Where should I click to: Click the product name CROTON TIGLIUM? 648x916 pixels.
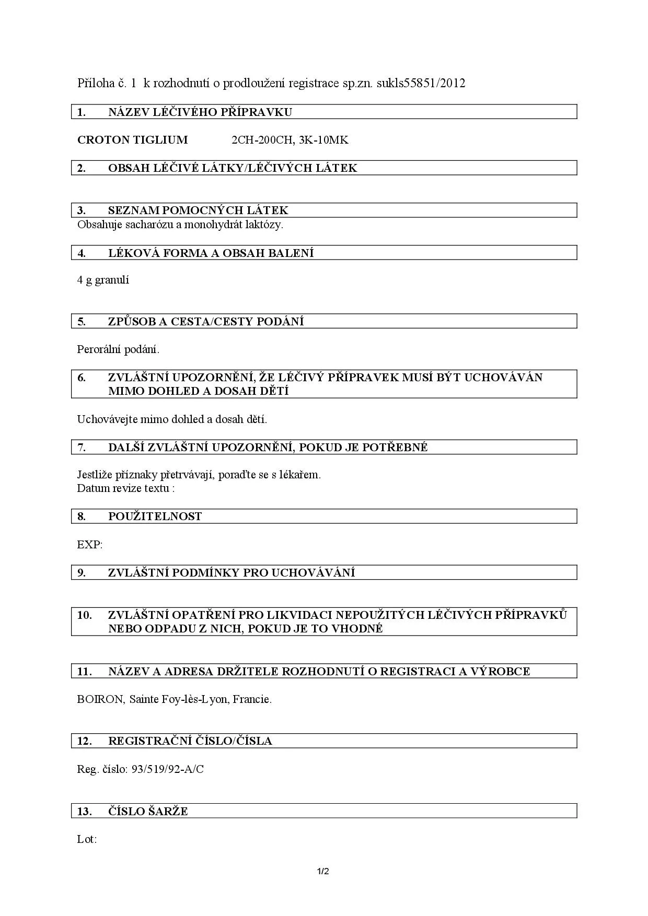pyautogui.click(x=132, y=140)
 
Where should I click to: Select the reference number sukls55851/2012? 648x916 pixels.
pyautogui.click(x=421, y=84)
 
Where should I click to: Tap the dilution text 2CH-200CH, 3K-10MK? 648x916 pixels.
pyautogui.click(x=290, y=140)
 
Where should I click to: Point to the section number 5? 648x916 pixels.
pyautogui.click(x=82, y=322)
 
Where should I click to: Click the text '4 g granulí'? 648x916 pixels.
pyautogui.click(x=103, y=280)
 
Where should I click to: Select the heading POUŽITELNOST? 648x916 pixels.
pyautogui.click(x=155, y=516)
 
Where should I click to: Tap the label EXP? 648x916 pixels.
pyautogui.click(x=90, y=545)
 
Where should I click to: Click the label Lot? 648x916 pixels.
pyautogui.click(x=87, y=839)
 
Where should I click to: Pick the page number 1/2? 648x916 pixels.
pyautogui.click(x=323, y=871)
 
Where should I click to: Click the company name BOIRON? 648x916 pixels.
pyautogui.click(x=100, y=699)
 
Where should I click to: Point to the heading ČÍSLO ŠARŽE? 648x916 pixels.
pyautogui.click(x=148, y=812)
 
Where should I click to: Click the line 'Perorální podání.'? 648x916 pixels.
pyautogui.click(x=118, y=349)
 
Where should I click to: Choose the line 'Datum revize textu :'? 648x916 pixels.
pyautogui.click(x=125, y=488)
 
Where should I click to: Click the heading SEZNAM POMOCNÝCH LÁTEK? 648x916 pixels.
pyautogui.click(x=198, y=210)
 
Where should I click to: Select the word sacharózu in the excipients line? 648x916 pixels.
pyautogui.click(x=138, y=225)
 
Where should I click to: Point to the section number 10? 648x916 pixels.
pyautogui.click(x=84, y=615)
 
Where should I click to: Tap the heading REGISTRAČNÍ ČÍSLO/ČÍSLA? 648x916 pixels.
pyautogui.click(x=190, y=741)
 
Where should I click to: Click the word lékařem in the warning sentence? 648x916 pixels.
pyautogui.click(x=300, y=475)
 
